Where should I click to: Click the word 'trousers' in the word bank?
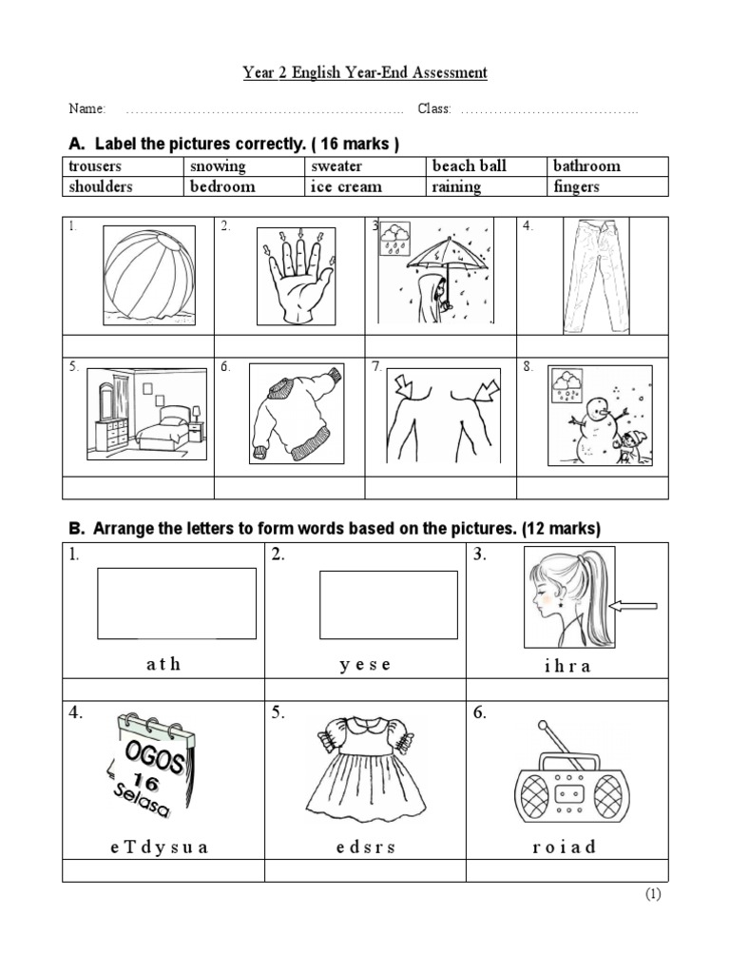pos(95,166)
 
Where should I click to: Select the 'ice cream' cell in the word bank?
pos(346,186)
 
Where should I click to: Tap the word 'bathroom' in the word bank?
pos(586,166)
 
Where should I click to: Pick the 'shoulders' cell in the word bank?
pos(101,186)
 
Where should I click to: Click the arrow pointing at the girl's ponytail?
pos(632,605)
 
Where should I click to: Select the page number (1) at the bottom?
pos(653,894)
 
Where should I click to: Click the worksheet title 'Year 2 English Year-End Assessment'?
pos(364,72)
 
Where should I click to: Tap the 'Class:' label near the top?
pos(434,109)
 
